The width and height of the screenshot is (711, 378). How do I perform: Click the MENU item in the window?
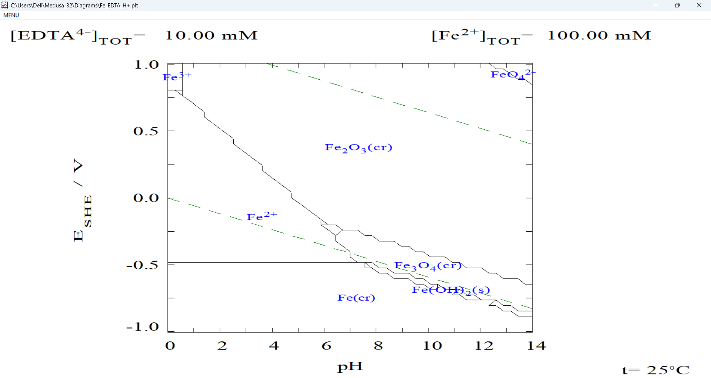(11, 15)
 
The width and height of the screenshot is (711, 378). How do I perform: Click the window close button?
(699, 5)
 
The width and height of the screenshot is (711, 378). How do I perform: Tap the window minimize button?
(656, 5)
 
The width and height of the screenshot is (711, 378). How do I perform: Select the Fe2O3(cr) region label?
(358, 148)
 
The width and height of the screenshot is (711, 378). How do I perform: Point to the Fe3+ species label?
(177, 76)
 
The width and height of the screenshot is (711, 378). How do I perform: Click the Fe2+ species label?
(261, 216)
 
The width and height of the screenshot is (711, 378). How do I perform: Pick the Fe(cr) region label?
(356, 298)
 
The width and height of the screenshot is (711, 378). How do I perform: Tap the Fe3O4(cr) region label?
(428, 266)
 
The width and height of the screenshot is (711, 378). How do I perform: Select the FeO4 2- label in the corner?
(513, 74)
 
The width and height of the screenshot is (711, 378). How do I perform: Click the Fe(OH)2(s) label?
(451, 290)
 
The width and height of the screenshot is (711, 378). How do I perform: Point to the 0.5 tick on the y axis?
(146, 131)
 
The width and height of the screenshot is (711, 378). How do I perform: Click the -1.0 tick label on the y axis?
(143, 327)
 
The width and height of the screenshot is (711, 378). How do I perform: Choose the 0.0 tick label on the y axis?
(146, 198)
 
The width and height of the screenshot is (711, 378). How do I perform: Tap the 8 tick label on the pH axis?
(378, 346)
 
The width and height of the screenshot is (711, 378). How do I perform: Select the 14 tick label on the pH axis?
(536, 346)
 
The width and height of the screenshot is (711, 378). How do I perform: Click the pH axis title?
(350, 367)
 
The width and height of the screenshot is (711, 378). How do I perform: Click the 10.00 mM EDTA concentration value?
(211, 36)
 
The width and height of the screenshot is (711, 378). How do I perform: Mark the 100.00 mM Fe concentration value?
(599, 36)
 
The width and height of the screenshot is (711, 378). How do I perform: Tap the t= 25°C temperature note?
(655, 370)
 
